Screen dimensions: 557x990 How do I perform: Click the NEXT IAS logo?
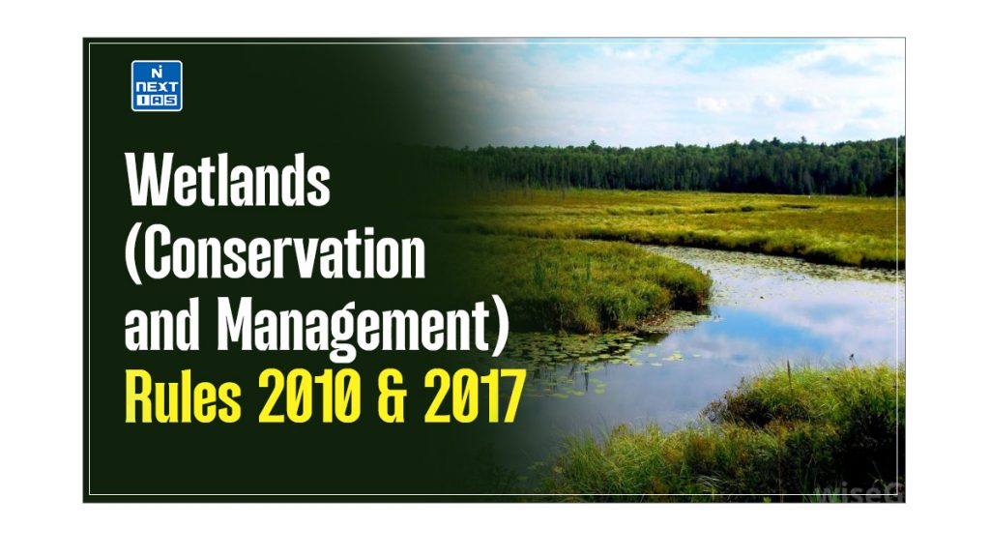coord(157,85)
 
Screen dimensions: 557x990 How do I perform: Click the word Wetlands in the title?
coord(228,181)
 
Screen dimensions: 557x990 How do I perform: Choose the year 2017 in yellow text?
coord(469,399)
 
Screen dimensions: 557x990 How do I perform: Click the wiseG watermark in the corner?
coord(857,491)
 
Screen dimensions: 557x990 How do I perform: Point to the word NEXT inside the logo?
coord(157,86)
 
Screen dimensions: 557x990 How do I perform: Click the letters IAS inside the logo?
coord(157,100)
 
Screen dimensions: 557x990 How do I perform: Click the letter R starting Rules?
coord(139,399)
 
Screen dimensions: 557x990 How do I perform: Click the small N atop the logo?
coord(157,71)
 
